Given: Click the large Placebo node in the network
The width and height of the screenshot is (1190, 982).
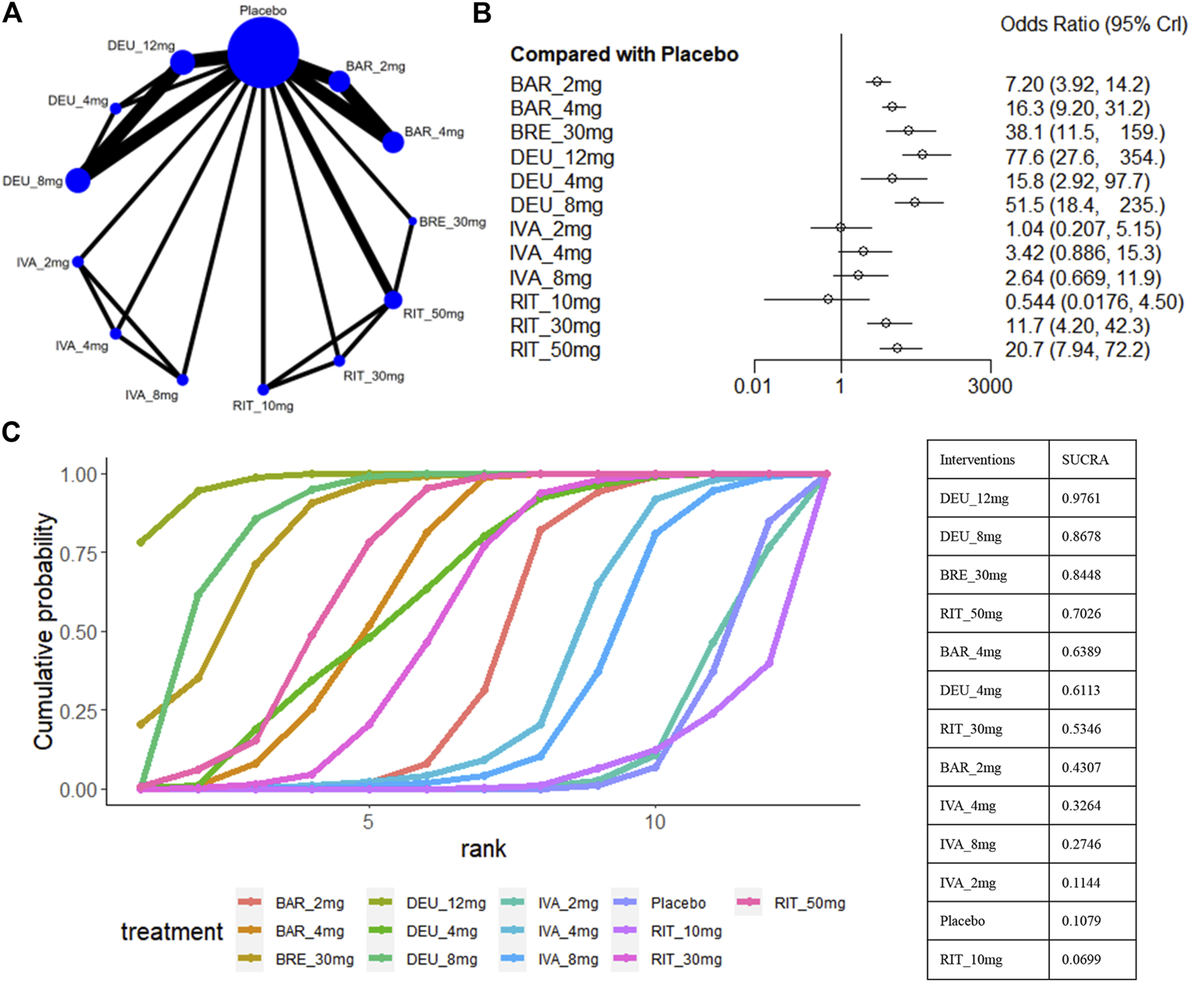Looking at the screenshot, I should click(263, 53).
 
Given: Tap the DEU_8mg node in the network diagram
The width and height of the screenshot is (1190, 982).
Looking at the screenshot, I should click(78, 181).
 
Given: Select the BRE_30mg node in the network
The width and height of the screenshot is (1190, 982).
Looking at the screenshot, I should click(412, 221).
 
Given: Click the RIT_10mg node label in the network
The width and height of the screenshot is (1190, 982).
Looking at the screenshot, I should click(263, 406).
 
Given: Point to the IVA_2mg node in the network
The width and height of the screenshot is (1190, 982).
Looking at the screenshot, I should click(78, 262).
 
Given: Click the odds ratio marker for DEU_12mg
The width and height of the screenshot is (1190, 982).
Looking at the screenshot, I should click(923, 155).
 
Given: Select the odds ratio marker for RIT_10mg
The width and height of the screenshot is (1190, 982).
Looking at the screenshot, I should click(828, 299).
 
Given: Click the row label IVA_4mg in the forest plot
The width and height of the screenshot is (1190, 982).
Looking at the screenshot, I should click(551, 254).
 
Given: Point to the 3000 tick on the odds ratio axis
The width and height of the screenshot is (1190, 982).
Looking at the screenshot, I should click(990, 386).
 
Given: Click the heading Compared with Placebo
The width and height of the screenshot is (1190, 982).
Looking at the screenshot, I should click(624, 55).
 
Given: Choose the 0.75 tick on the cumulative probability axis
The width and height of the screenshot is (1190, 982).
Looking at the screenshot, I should click(78, 553).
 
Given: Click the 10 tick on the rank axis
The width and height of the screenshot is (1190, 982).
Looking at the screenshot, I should click(654, 822).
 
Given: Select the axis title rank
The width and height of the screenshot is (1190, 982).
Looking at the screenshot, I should click(483, 849).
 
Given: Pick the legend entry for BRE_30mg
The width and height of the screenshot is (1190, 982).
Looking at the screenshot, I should click(314, 959).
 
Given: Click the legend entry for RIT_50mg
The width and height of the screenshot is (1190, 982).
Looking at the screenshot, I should click(809, 904).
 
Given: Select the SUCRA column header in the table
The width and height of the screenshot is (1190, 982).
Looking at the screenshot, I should click(1085, 460).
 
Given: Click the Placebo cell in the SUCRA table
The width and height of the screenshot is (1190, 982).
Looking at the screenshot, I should click(962, 921).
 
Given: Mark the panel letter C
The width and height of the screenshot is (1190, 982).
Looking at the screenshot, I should click(12, 433).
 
